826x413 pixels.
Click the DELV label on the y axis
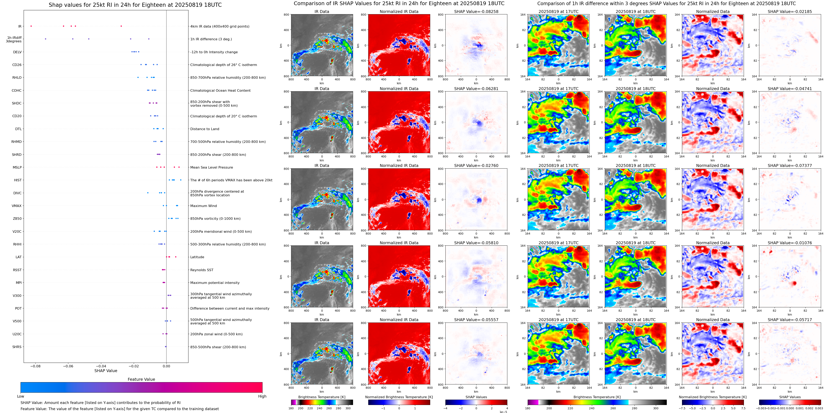[17, 52]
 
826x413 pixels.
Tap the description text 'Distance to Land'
[204, 129]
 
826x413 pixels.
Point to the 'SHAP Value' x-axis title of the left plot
[106, 371]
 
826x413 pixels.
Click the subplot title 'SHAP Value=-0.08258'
[476, 12]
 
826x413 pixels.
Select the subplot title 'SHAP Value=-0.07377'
[790, 166]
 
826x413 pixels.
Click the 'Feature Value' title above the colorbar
[141, 379]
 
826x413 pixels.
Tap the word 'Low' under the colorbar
[21, 396]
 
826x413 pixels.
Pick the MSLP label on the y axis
[17, 167]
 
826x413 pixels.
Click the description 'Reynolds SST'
[202, 270]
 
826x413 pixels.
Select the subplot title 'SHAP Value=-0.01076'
[790, 243]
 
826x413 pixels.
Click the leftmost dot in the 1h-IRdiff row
[45, 39]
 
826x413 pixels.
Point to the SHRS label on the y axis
[17, 347]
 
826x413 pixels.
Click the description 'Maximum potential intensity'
[215, 283]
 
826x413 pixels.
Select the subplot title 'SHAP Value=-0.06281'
[476, 89]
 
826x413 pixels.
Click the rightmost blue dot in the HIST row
[181, 180]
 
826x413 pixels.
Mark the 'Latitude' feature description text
[197, 257]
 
